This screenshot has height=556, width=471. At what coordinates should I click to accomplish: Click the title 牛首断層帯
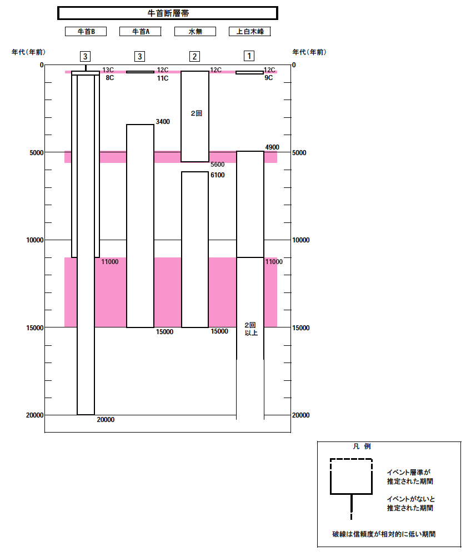tap(168, 13)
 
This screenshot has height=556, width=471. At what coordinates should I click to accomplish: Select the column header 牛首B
tap(86, 32)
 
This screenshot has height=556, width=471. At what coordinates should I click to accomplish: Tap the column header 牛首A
tap(141, 32)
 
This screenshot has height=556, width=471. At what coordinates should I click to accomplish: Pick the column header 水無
tap(195, 32)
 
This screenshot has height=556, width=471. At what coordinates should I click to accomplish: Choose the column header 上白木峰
tap(250, 32)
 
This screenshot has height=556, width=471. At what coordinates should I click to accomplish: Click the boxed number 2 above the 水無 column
tap(194, 56)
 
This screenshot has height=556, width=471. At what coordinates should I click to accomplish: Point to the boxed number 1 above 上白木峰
tap(249, 56)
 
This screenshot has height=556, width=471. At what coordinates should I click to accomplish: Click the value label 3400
tap(163, 122)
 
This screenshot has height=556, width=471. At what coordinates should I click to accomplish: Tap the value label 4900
tap(272, 147)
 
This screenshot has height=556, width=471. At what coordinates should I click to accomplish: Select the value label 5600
tap(217, 165)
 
